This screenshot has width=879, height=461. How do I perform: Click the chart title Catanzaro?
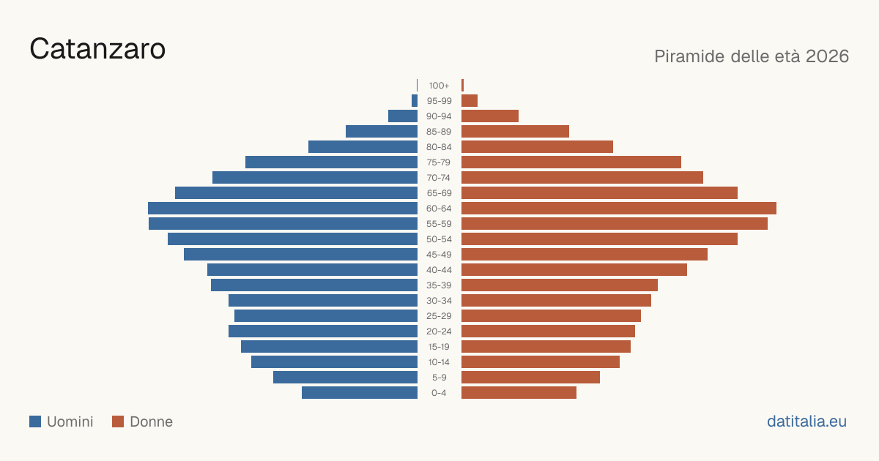(97, 49)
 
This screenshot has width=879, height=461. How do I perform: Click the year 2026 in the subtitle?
(827, 56)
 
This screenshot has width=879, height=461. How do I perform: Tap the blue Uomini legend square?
(35, 421)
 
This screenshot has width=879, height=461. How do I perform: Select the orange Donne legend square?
(118, 421)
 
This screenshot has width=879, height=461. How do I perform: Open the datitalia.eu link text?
(806, 421)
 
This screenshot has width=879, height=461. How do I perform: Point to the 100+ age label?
(439, 86)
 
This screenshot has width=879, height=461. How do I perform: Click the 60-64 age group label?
(439, 208)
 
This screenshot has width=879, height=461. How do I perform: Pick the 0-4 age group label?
(439, 393)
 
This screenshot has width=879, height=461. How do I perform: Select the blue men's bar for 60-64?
(283, 208)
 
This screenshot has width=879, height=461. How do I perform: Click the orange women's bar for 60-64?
(619, 208)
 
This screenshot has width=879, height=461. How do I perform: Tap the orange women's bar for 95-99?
(470, 101)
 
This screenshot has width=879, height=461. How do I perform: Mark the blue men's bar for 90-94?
(403, 116)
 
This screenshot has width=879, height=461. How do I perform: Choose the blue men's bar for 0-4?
(360, 393)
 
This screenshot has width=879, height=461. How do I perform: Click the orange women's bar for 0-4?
(519, 393)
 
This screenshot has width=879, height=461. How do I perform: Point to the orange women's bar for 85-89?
(515, 131)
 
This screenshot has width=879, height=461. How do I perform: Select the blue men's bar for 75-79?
(331, 162)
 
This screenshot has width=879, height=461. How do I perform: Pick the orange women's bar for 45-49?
(585, 255)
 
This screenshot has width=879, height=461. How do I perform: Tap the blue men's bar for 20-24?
(323, 331)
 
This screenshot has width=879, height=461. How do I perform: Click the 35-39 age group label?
(439, 285)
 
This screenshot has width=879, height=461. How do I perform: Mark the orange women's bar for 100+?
(463, 86)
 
